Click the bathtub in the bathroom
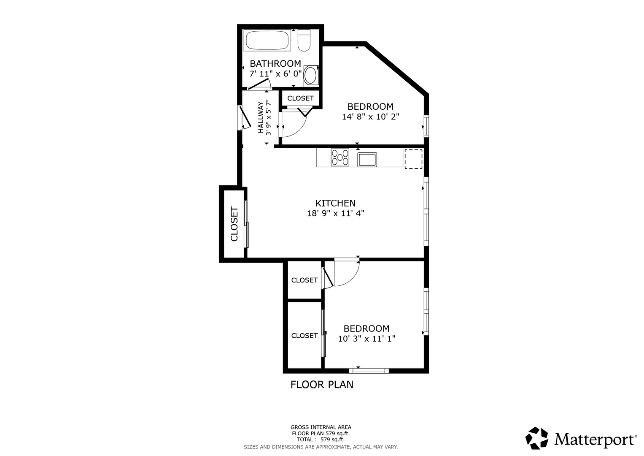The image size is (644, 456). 267,40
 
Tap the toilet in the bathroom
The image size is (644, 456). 304,40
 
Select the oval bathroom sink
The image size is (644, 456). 310,76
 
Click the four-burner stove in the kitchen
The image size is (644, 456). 340,157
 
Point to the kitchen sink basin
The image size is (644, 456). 367,160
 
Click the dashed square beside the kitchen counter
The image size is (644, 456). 413,159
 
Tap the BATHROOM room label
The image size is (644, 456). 275,63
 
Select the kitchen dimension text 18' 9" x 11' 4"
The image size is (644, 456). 336,213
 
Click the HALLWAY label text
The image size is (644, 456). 261,117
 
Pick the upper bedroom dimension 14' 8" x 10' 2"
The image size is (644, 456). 370,117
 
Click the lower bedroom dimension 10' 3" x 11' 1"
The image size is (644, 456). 366,339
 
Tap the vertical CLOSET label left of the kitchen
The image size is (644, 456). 234,224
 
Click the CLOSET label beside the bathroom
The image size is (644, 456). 300,98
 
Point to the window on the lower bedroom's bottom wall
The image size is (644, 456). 369,371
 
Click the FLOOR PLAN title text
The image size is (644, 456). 322,385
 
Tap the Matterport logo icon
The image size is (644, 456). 537,438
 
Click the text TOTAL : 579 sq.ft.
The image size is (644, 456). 321,440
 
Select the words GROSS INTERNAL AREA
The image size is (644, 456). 321,427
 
